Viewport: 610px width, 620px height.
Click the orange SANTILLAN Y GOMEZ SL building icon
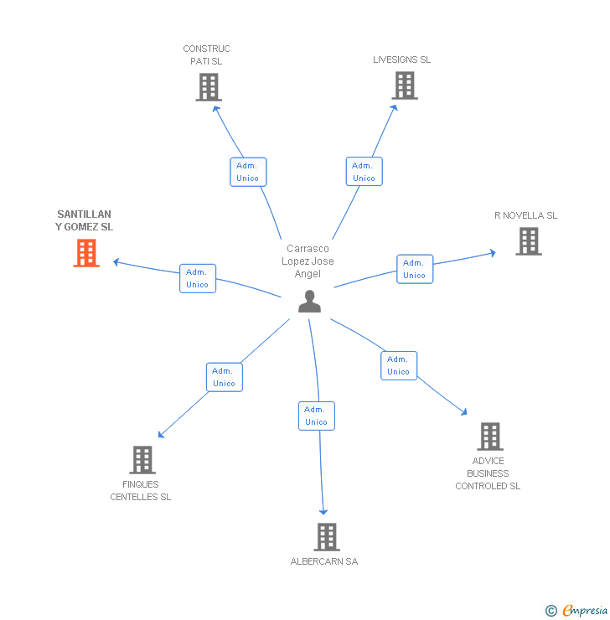[x=86, y=253]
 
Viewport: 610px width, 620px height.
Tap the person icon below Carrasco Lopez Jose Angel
[x=309, y=302]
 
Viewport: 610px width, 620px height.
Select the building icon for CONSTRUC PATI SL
[x=209, y=87]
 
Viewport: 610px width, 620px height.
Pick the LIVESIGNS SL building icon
[x=405, y=85]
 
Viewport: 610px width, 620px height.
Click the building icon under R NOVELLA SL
[x=529, y=241]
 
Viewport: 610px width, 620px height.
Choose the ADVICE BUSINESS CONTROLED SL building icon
[x=490, y=437]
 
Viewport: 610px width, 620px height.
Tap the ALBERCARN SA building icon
[x=326, y=537]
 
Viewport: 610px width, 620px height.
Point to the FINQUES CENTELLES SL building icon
[x=142, y=460]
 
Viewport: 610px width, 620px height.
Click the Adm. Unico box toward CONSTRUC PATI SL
[x=248, y=172]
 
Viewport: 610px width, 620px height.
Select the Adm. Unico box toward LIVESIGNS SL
[x=364, y=172]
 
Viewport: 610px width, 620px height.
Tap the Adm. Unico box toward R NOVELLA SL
[x=415, y=269]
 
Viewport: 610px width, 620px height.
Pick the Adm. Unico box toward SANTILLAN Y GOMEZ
[x=198, y=278]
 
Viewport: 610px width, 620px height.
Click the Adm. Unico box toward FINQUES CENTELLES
[x=224, y=377]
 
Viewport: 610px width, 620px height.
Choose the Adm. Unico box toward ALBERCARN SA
[x=316, y=416]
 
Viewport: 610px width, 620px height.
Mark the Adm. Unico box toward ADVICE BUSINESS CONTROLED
[x=399, y=365]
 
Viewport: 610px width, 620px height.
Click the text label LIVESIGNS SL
[x=402, y=60]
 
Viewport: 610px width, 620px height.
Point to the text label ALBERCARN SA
[x=324, y=561]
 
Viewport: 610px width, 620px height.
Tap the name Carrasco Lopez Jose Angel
[x=308, y=261]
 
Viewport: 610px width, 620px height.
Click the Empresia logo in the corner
[x=576, y=611]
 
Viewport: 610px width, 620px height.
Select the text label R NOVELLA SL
[x=525, y=215]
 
